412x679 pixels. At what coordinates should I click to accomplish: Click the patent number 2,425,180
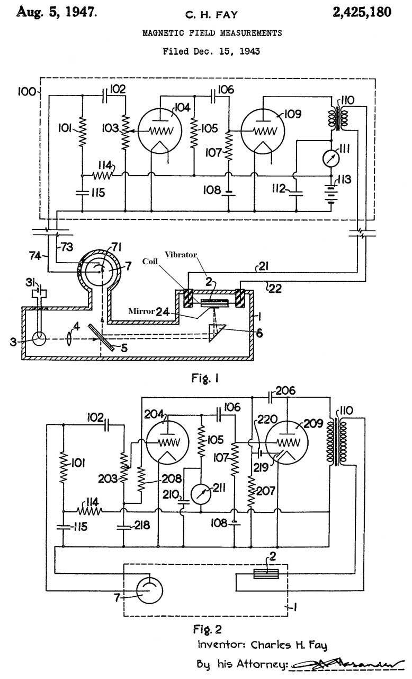(362, 12)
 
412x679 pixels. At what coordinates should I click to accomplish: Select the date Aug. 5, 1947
(57, 12)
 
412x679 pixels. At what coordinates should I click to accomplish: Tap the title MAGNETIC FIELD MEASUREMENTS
(212, 33)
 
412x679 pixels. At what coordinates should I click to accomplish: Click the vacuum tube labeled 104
(160, 131)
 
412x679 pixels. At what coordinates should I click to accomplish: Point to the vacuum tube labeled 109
(263, 131)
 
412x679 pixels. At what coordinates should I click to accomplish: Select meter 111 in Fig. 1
(331, 158)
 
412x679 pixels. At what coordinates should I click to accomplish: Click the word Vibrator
(181, 255)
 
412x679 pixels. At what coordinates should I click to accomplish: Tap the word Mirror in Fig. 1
(141, 311)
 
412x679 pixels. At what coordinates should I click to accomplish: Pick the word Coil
(150, 262)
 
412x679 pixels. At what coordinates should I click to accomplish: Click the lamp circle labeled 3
(39, 338)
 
